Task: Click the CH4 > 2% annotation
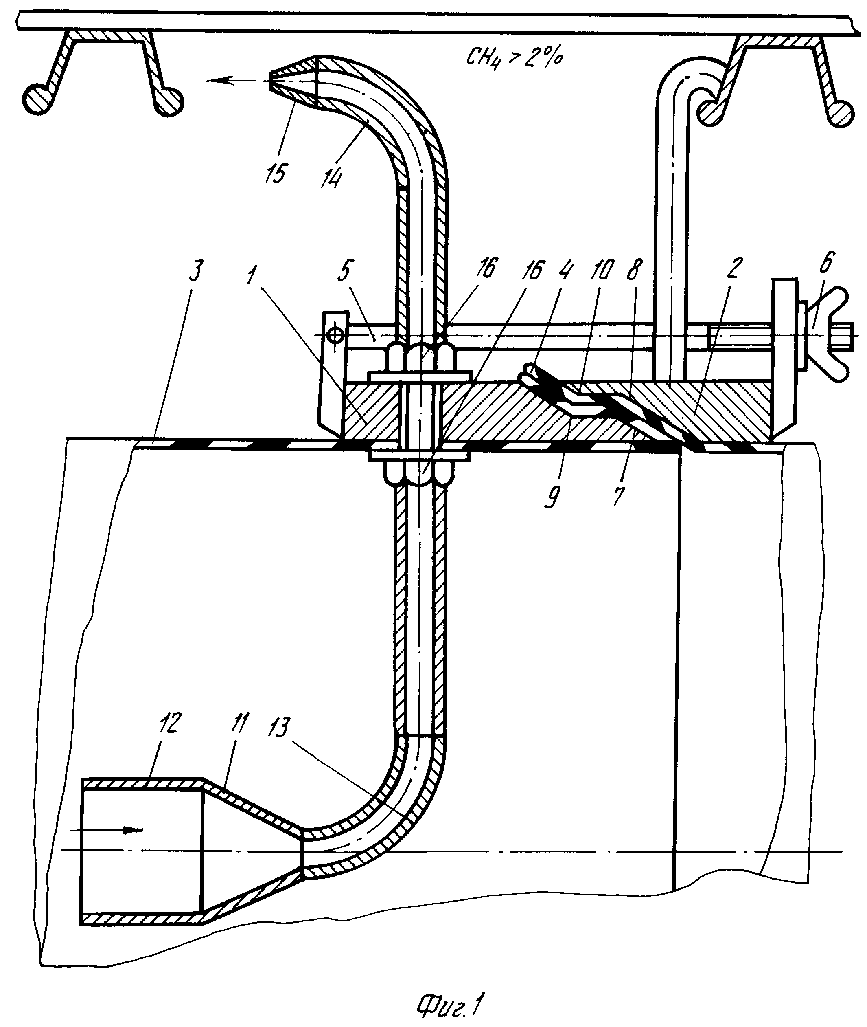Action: coord(514,59)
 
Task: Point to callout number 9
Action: coord(552,498)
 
